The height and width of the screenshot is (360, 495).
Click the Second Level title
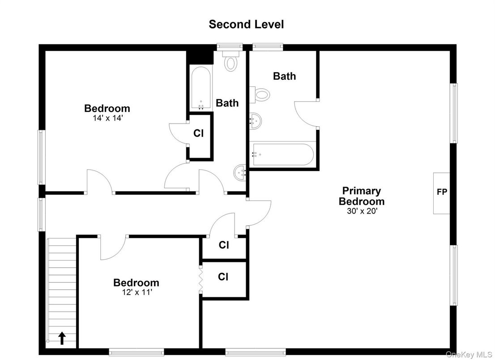coord(246,24)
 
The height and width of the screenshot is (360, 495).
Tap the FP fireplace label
coord(442,192)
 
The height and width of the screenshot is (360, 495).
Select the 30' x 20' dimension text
coord(362,211)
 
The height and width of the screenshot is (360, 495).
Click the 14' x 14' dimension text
coord(107,118)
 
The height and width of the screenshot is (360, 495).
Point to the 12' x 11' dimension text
coord(137,292)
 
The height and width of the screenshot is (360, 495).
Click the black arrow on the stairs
coord(62,338)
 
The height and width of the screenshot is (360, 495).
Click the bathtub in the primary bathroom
coord(282,154)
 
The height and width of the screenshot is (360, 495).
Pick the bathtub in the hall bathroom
coord(201,88)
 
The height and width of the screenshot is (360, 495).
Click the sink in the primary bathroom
coord(256,121)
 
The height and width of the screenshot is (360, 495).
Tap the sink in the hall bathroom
coord(240,173)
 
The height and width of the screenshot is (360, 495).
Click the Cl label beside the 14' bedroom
coord(199,133)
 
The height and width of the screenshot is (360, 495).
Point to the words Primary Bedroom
coord(362,196)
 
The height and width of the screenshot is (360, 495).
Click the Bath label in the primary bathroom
coord(285,76)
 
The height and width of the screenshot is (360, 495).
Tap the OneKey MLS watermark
coord(469,354)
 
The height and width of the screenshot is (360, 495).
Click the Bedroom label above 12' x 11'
coord(137,283)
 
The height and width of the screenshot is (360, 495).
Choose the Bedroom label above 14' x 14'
coord(107,108)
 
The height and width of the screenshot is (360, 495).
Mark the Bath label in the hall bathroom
coord(227,103)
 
